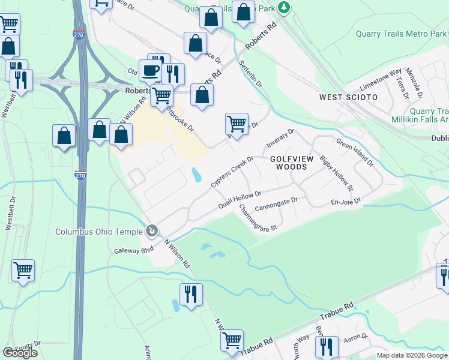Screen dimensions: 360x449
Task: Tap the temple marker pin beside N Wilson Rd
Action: pyautogui.click(x=152, y=230)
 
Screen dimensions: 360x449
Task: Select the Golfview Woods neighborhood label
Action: pyautogui.click(x=292, y=163)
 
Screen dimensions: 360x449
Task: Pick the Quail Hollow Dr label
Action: pyautogui.click(x=240, y=200)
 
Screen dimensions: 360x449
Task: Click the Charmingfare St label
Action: pyautogui.click(x=258, y=219)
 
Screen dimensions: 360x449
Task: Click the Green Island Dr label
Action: pyautogui.click(x=355, y=152)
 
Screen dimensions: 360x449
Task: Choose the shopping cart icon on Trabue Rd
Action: pyautogui.click(x=232, y=341)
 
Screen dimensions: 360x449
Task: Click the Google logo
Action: pyautogui.click(x=20, y=353)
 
